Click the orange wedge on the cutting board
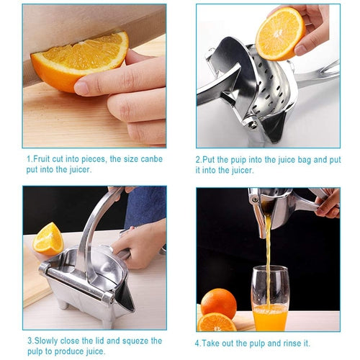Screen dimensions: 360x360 coord(48,239)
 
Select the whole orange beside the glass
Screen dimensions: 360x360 coord(219,302)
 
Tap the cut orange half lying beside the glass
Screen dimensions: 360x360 coord(217,322)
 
